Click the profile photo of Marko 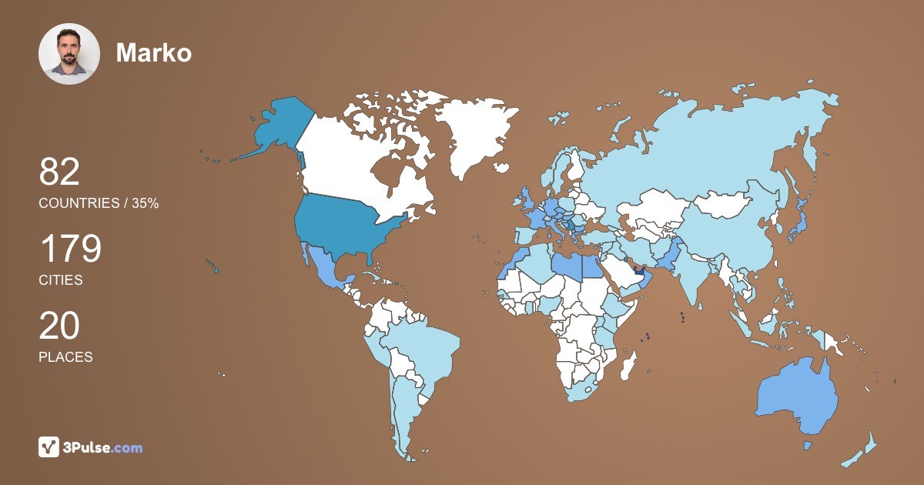(69, 54)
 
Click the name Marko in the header (153, 52)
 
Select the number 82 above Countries (59, 172)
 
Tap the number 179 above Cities (70, 249)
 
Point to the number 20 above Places (59, 326)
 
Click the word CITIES (61, 280)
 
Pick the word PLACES (65, 357)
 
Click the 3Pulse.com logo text (102, 447)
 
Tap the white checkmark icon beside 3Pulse (49, 447)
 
